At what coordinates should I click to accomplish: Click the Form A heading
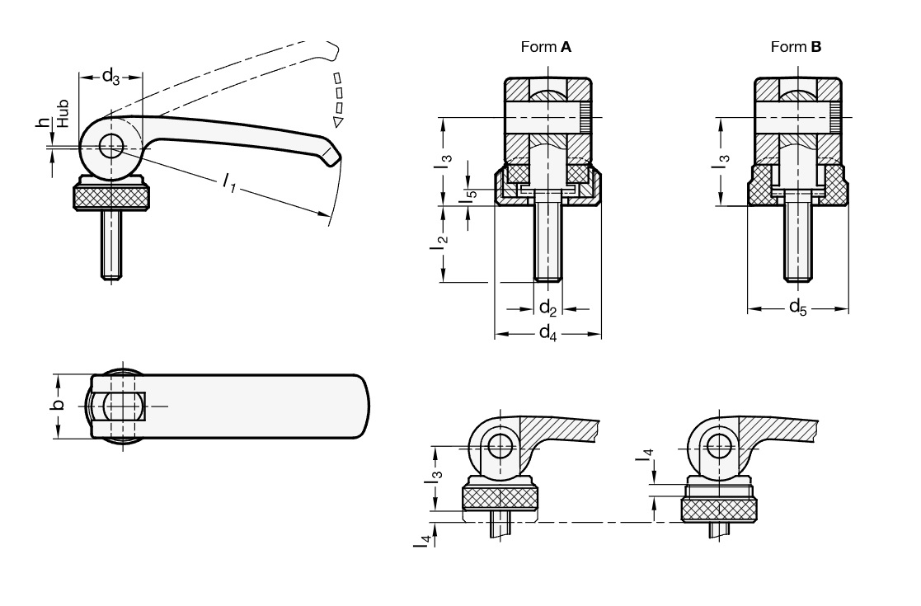[x=546, y=47]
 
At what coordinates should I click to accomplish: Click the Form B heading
[x=796, y=47]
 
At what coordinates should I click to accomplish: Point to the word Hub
[x=63, y=115]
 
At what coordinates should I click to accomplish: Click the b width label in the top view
[x=56, y=406]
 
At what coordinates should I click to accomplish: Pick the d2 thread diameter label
[x=547, y=308]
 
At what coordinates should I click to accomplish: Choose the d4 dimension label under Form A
[x=547, y=333]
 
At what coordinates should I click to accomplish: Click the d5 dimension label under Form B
[x=797, y=308]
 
